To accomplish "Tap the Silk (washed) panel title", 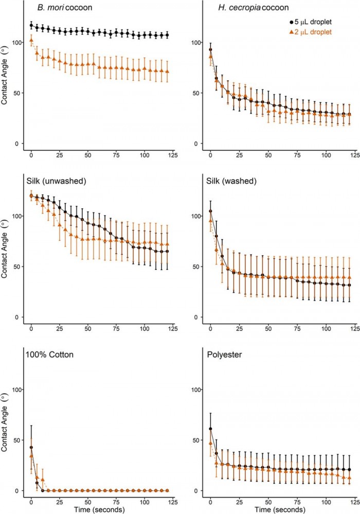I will click(x=228, y=182).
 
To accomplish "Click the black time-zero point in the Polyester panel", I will click(x=210, y=429).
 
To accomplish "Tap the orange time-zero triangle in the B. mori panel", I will click(x=31, y=40).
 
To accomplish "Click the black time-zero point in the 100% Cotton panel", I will click(x=31, y=447).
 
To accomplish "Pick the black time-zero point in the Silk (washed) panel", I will click(x=210, y=211).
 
